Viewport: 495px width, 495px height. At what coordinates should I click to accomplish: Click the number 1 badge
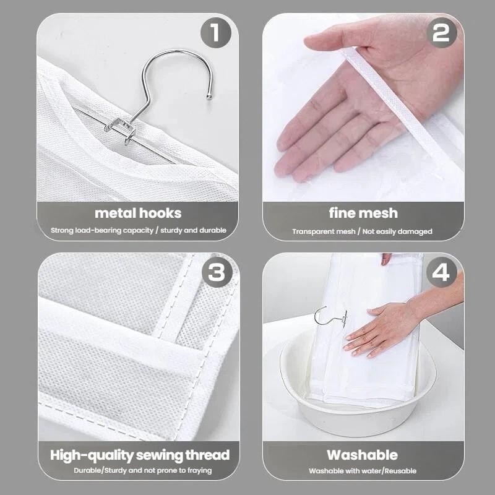tap(215, 33)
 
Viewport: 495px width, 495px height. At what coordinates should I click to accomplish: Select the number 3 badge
tap(215, 272)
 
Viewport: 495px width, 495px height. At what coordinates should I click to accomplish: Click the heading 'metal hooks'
tap(138, 213)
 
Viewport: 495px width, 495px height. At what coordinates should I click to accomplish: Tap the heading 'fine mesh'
tap(363, 213)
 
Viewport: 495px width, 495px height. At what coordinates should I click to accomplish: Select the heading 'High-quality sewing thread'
tap(139, 455)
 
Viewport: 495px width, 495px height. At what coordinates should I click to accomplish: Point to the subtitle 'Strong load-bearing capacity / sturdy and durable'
tap(138, 230)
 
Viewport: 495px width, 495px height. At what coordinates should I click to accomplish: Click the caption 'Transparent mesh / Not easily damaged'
tap(363, 231)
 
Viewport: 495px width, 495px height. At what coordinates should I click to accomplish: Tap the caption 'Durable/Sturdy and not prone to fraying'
tap(139, 470)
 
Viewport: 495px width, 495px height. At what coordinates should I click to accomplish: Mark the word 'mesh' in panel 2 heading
tap(380, 213)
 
